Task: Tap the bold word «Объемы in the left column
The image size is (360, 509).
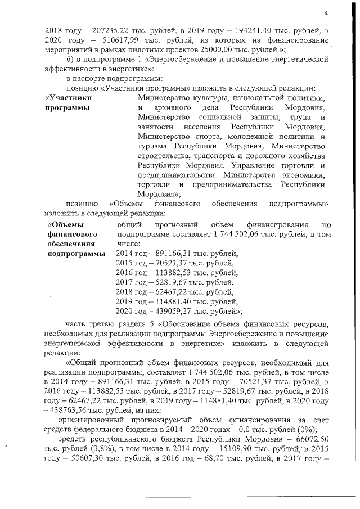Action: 64,226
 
